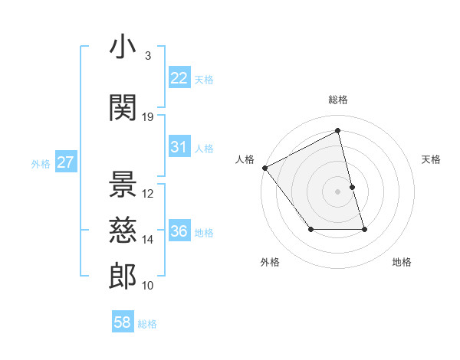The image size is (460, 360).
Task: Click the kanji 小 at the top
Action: pos(123,47)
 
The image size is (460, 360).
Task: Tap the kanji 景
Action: pos(123,184)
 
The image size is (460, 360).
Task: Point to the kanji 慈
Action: pos(123,229)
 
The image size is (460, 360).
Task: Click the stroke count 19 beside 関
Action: pos(148,117)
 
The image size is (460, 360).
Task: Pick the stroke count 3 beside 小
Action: pos(147,56)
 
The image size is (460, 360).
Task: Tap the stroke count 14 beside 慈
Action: pos(148,240)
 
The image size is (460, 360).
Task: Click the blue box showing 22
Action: pos(179,78)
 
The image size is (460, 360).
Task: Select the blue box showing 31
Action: pos(179,147)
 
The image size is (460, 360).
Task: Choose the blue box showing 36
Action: pos(179,231)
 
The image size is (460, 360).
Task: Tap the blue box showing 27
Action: pos(65,162)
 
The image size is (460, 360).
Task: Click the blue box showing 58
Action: pos(123,323)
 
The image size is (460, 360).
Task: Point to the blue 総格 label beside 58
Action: pos(147,324)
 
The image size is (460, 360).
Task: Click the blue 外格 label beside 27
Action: pos(41,163)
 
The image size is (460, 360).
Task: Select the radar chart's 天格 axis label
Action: pos(431,159)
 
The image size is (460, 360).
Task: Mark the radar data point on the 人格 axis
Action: pos(264,168)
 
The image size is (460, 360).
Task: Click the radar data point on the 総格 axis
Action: pos(338,131)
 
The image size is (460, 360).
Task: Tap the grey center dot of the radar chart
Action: pos(338,191)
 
